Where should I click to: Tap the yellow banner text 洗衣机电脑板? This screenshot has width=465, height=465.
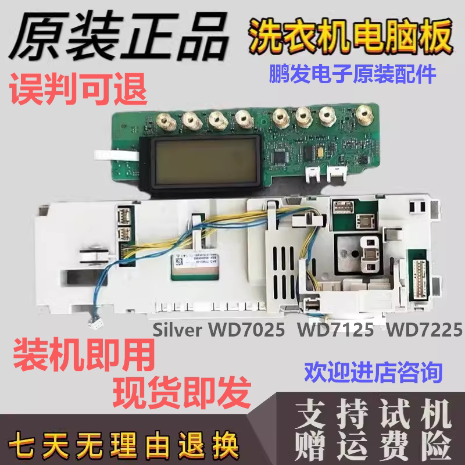point(349,36)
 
